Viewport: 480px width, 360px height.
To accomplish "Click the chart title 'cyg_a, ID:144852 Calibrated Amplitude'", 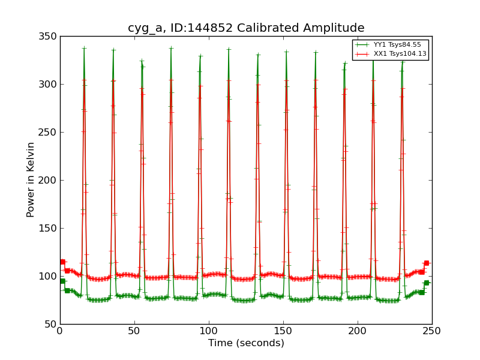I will (246, 28).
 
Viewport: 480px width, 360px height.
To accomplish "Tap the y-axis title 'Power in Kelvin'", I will (31, 180).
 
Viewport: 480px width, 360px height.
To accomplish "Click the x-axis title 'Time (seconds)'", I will (246, 343).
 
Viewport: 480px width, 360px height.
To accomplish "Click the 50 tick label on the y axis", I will (50, 324).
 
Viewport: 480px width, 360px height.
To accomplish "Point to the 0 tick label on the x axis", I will (60, 331).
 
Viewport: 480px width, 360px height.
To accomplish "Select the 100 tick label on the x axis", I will (209, 331).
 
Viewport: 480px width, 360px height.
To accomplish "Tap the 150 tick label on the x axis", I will (283, 331).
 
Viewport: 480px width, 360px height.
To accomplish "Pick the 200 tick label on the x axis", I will (358, 331).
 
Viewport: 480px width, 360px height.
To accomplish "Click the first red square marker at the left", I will (62, 262).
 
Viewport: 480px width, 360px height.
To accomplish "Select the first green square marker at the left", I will (62, 281).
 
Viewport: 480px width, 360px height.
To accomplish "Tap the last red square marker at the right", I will (426, 263).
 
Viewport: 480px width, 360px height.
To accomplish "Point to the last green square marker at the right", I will (426, 283).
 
